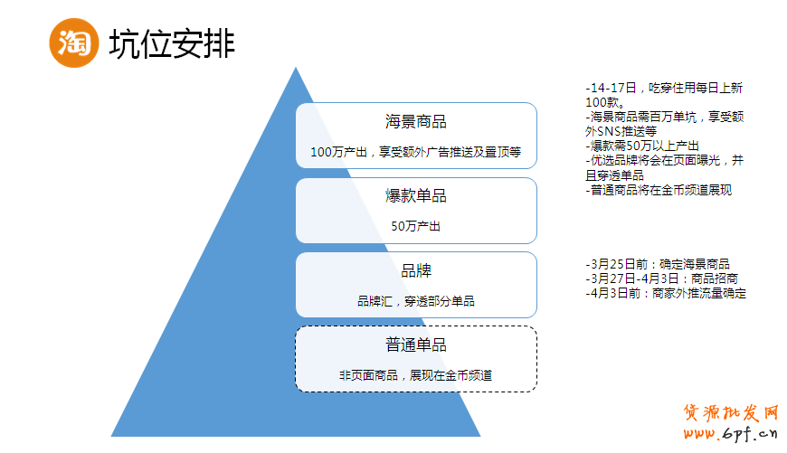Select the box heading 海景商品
pyautogui.click(x=416, y=122)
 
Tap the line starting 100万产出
pyautogui.click(x=416, y=152)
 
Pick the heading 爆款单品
pyautogui.click(x=416, y=196)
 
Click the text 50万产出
pyautogui.click(x=416, y=226)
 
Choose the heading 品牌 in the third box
pyautogui.click(x=416, y=270)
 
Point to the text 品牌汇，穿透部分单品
pyautogui.click(x=416, y=301)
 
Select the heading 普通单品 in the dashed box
pyautogui.click(x=416, y=344)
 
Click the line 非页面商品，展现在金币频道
pyautogui.click(x=416, y=375)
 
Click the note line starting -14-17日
pyautogui.click(x=664, y=88)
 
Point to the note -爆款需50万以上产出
pyautogui.click(x=642, y=146)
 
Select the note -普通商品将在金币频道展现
pyautogui.click(x=659, y=190)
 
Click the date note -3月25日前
pyautogui.click(x=658, y=264)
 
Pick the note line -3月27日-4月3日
pyautogui.click(x=661, y=278)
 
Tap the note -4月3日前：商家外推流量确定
pyautogui.click(x=666, y=293)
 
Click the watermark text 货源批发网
pyautogui.click(x=730, y=412)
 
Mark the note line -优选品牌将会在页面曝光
pyautogui.click(x=664, y=160)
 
